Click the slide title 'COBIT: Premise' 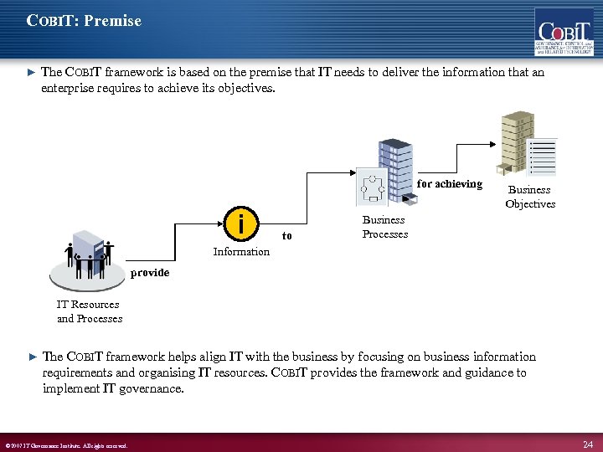coord(84,20)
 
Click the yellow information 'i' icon coord(241,224)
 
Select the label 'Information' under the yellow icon coord(241,252)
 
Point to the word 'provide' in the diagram coord(149,273)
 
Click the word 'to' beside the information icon coord(287,236)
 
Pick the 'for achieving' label coord(450,184)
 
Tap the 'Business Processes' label coord(384,227)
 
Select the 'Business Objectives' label coord(530,197)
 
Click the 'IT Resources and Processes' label coord(89,311)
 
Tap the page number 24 coord(587,444)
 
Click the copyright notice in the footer coord(67,445)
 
